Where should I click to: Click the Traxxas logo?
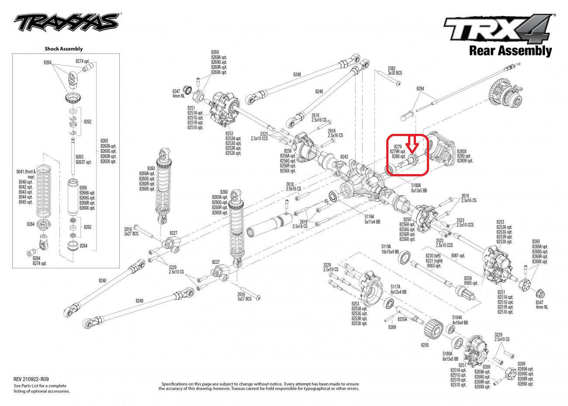coord(66,22)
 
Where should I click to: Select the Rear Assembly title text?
coord(510,50)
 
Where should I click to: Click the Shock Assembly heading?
coord(63,48)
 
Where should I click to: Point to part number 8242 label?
coord(344,157)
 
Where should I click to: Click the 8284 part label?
coord(420,89)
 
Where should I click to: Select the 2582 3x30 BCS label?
coord(394,71)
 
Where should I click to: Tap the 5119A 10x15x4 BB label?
coord(390,249)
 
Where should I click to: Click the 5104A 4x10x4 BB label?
coord(460,320)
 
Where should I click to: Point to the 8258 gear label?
coord(425,346)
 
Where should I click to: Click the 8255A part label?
coord(402,319)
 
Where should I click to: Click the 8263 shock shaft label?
coord(80,159)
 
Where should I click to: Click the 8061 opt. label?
coord(457,255)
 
